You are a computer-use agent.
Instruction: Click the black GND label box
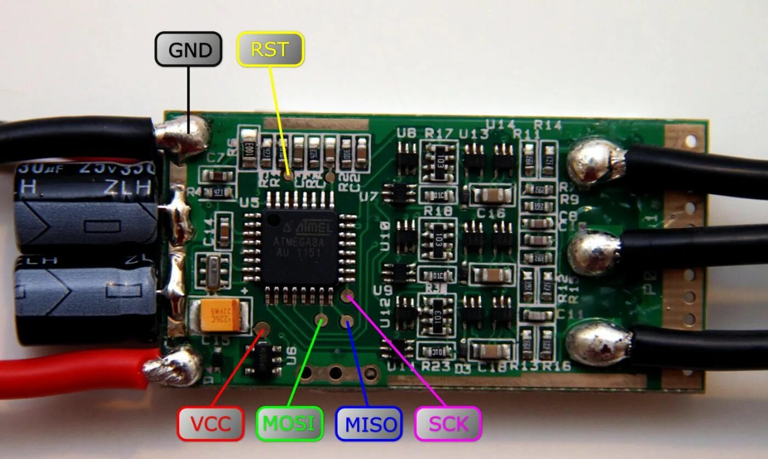pyautogui.click(x=188, y=50)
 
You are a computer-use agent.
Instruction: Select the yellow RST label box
pyautogui.click(x=270, y=50)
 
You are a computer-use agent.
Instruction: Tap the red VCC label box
pyautogui.click(x=210, y=423)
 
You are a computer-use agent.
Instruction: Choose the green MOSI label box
pyautogui.click(x=290, y=423)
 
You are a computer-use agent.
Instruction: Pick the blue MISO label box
pyautogui.click(x=369, y=423)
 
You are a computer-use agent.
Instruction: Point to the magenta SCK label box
pyautogui.click(x=448, y=423)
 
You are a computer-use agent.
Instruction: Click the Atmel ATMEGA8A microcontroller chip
pyautogui.click(x=300, y=246)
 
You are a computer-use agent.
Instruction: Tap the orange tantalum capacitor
pyautogui.click(x=220, y=315)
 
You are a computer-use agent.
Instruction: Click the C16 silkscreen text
pyautogui.click(x=490, y=212)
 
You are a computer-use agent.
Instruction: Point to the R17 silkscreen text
pyautogui.click(x=438, y=133)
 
